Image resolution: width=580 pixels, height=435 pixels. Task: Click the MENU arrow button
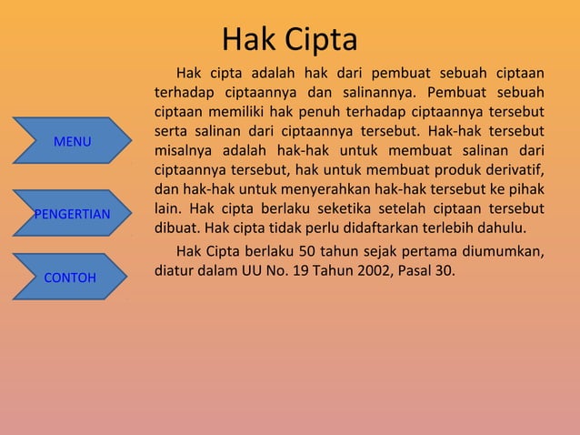click(x=73, y=143)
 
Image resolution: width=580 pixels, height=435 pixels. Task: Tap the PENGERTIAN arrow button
click(x=73, y=214)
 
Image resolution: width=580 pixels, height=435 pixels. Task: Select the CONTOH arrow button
click(x=71, y=277)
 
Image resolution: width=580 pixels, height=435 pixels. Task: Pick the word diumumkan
click(x=502, y=251)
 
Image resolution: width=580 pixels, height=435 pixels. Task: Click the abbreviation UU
click(x=251, y=270)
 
